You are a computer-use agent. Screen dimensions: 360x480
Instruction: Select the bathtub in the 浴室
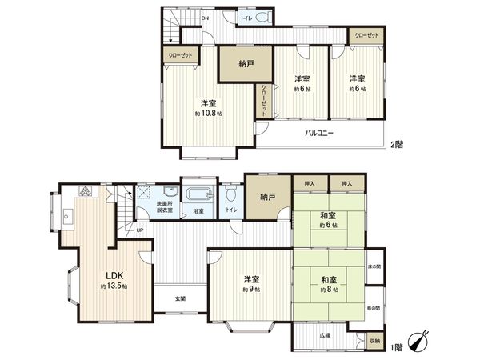(x=198, y=194)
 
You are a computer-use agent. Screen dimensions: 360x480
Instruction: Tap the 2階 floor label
(x=398, y=145)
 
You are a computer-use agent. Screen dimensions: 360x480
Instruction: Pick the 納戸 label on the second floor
(x=248, y=64)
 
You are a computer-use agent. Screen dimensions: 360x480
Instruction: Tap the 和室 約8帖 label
(x=328, y=285)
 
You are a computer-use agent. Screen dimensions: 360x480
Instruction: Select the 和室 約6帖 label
(x=328, y=220)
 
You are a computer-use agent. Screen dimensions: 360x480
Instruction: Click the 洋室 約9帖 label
(x=251, y=285)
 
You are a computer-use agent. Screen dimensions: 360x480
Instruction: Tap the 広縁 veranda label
(x=323, y=336)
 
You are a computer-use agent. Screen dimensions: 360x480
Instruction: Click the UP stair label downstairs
(x=140, y=230)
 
